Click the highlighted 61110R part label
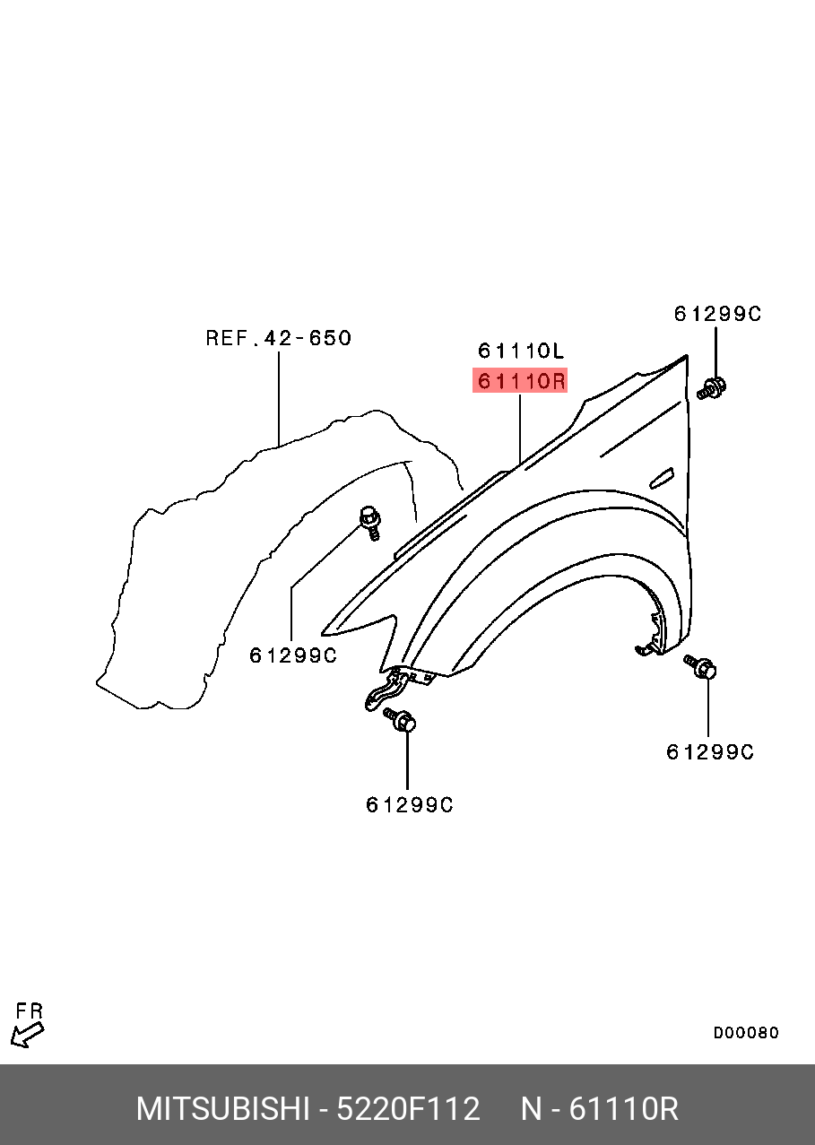click(521, 381)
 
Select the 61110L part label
click(521, 351)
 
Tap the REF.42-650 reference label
click(278, 338)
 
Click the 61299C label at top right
click(717, 314)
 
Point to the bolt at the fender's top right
click(711, 389)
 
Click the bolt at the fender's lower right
click(701, 667)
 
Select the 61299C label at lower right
click(709, 752)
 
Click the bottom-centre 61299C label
click(409, 805)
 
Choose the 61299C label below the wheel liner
click(292, 655)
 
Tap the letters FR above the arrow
click(30, 1011)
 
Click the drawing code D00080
click(746, 1033)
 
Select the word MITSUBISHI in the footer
click(222, 1109)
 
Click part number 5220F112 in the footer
click(408, 1109)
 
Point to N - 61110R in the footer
click(600, 1109)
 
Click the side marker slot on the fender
click(662, 478)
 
